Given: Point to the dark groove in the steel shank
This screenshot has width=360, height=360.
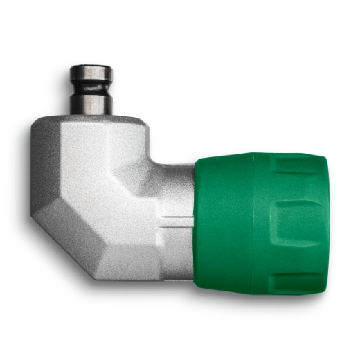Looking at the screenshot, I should tap(91, 89).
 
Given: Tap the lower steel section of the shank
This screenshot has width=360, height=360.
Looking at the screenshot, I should tap(91, 103).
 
